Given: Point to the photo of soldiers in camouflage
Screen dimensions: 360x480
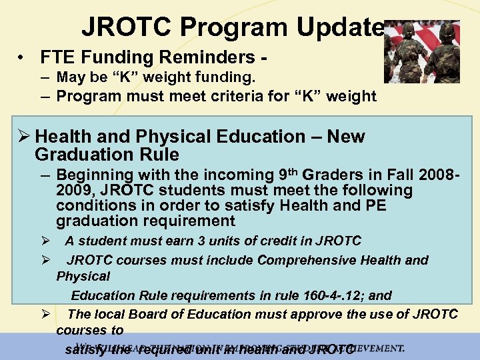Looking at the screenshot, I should click(x=422, y=51).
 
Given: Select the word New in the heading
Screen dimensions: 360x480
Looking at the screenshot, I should click(x=346, y=137).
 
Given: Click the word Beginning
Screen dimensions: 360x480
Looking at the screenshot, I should click(x=91, y=175).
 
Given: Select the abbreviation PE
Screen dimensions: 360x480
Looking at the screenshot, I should click(x=374, y=206).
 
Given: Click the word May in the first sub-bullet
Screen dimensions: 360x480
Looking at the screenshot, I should click(x=70, y=78).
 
